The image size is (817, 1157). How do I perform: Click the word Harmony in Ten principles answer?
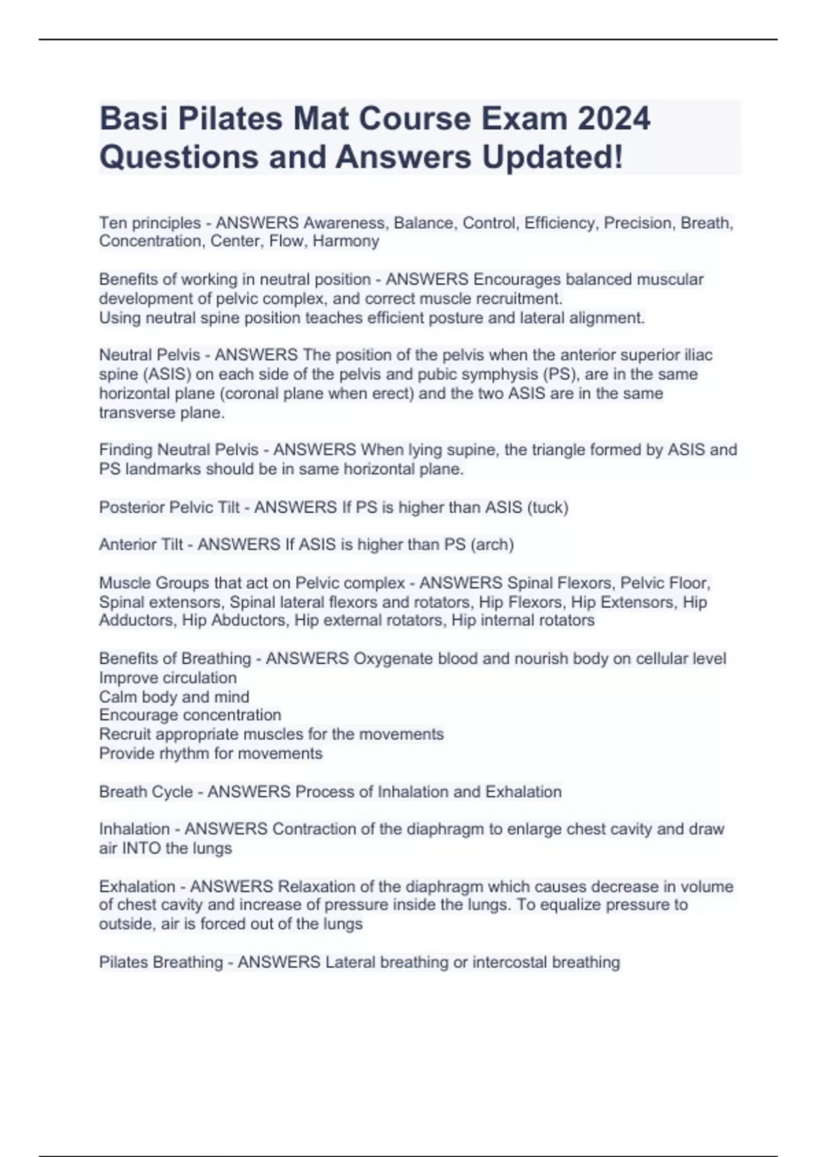(x=346, y=241)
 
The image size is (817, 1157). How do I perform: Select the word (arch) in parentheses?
(x=492, y=544)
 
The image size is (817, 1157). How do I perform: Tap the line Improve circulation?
(x=167, y=678)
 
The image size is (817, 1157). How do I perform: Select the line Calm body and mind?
(x=174, y=697)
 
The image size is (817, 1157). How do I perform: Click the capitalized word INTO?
(x=141, y=848)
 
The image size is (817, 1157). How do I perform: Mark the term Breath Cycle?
(x=146, y=792)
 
